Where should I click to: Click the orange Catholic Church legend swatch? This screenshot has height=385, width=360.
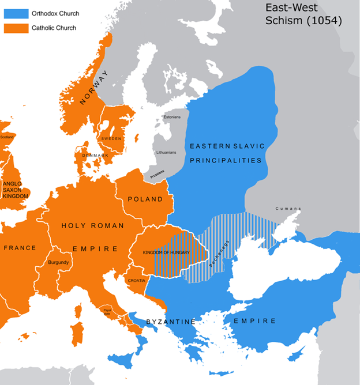[x=16, y=27]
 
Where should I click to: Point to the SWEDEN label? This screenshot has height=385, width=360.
[x=111, y=139]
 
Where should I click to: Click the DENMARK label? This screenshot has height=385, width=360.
[x=95, y=155]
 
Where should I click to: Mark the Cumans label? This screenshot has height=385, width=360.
[x=288, y=208]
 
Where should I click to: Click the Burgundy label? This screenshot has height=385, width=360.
[x=59, y=263]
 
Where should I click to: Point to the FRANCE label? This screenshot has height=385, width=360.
[x=20, y=248]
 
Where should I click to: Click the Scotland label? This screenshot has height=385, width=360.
[x=7, y=137]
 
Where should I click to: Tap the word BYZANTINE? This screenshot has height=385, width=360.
[x=171, y=321]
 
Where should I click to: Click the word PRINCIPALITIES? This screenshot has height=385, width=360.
[x=226, y=160]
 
